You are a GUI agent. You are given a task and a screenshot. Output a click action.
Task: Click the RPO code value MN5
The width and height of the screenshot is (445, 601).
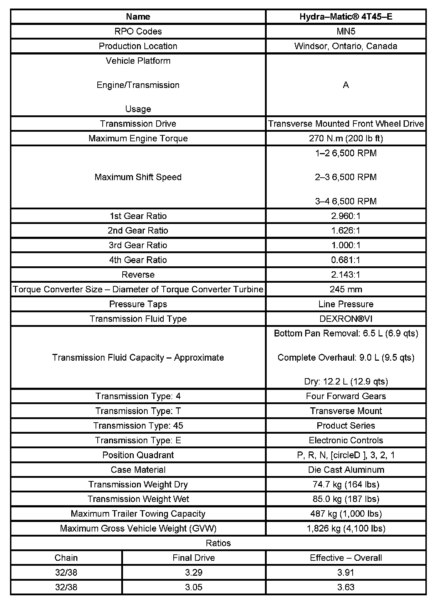pos(346,31)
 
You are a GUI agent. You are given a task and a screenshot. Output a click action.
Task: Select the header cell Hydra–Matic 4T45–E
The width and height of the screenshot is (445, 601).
pos(346,16)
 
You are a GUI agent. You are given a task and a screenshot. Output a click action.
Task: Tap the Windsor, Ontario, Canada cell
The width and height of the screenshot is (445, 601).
pos(346,46)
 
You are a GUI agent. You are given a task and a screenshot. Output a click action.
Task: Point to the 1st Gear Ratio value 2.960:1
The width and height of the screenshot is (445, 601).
pos(346,216)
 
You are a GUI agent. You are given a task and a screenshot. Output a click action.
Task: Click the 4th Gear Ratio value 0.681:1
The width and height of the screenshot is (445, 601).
pos(346,260)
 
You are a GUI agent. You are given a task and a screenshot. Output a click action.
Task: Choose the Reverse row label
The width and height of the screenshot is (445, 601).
pos(138,275)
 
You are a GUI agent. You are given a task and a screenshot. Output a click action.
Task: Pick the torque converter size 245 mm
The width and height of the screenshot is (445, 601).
pos(346,289)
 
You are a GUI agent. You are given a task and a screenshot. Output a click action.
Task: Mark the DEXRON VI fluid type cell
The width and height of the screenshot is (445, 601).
pos(346,319)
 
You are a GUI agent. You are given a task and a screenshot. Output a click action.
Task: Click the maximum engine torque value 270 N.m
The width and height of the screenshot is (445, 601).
pos(346,138)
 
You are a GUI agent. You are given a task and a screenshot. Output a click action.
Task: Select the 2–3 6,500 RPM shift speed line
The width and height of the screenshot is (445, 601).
pos(346,177)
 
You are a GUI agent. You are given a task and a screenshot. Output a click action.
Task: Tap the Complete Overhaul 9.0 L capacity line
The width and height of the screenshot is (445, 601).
pos(346,357)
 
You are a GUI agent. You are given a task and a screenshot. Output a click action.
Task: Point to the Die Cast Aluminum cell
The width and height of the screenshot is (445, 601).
pos(346,470)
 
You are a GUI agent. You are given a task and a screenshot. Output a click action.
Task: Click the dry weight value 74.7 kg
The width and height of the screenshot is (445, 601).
pos(346,484)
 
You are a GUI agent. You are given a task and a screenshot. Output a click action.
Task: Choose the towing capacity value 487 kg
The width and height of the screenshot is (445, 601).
pos(346,513)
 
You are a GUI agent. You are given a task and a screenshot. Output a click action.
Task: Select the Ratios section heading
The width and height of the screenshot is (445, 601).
pos(218,543)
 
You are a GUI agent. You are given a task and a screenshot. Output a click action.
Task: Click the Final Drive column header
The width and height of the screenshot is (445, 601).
pos(194,558)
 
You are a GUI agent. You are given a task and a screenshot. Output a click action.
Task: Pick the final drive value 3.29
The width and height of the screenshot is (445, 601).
pos(194,572)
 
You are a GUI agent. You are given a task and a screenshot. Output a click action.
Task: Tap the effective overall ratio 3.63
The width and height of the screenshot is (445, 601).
pos(346,587)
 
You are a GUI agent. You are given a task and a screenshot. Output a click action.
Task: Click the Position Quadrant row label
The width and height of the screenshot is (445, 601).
pos(138,455)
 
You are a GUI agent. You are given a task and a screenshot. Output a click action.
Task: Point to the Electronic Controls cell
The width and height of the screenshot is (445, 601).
pos(346,440)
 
